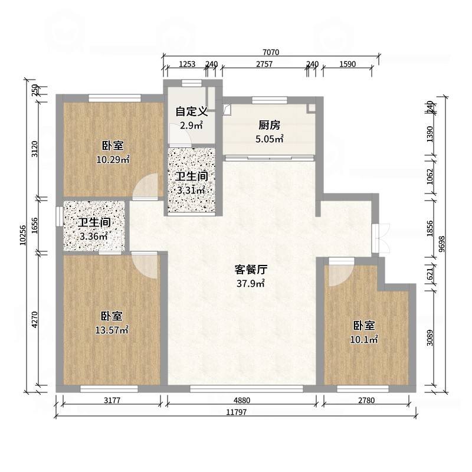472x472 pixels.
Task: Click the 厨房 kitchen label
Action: click(x=269, y=125)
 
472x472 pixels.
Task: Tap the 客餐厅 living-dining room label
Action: click(x=251, y=270)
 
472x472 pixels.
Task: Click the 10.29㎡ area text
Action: click(x=113, y=159)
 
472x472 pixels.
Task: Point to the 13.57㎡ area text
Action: click(x=112, y=330)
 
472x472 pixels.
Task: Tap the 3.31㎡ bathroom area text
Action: click(x=191, y=190)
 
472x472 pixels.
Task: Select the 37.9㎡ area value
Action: click(x=251, y=283)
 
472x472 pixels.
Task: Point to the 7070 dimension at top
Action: click(x=271, y=53)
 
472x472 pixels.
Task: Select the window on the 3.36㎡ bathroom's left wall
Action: click(x=59, y=216)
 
